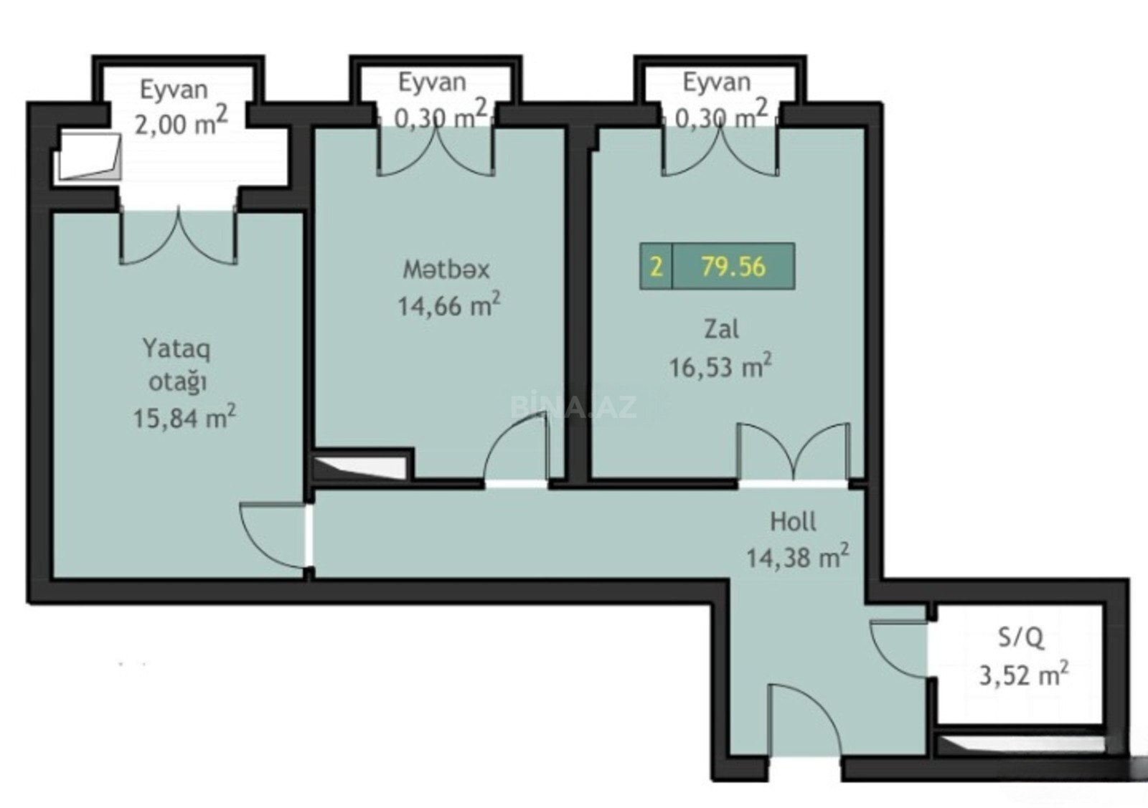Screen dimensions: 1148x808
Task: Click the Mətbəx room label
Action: click(x=446, y=270)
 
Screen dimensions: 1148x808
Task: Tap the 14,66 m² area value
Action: click(x=449, y=305)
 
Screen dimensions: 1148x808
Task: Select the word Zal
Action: click(x=722, y=329)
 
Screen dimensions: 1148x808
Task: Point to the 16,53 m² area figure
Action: click(x=720, y=365)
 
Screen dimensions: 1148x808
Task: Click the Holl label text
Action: click(x=794, y=521)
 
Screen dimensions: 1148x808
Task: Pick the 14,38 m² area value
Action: click(x=797, y=556)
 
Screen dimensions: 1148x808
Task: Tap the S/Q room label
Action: click(x=1021, y=639)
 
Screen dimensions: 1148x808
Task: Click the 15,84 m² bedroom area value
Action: click(x=184, y=417)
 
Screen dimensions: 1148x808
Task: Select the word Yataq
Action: click(x=177, y=349)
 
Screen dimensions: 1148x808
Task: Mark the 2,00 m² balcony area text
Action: click(x=180, y=123)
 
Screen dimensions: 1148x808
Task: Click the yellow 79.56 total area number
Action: click(x=733, y=266)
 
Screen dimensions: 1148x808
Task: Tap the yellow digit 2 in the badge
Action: click(x=656, y=267)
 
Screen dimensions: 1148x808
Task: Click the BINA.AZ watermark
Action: click(x=573, y=407)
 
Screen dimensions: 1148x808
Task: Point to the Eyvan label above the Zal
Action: click(x=717, y=83)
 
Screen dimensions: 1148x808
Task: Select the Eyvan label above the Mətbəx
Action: click(x=433, y=83)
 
